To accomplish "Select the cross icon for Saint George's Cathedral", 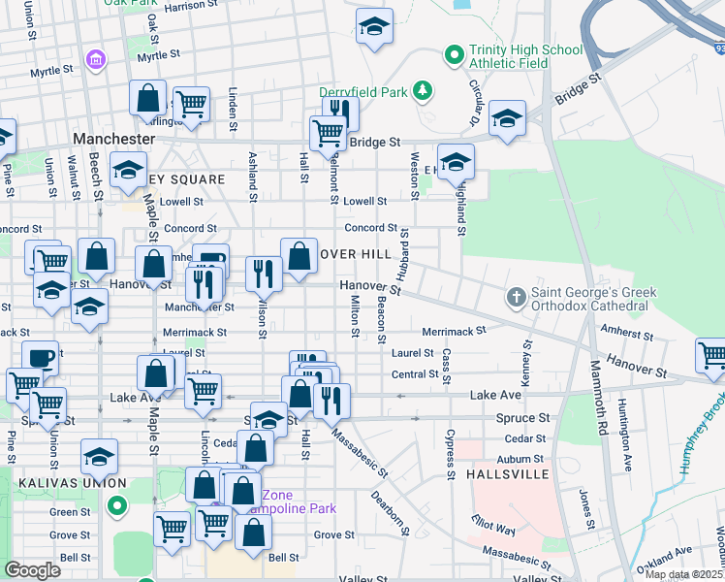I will pyautogui.click(x=518, y=296).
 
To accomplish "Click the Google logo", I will pyautogui.click(x=32, y=570).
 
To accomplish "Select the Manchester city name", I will pyautogui.click(x=113, y=139).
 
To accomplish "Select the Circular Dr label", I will pyautogui.click(x=474, y=102).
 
